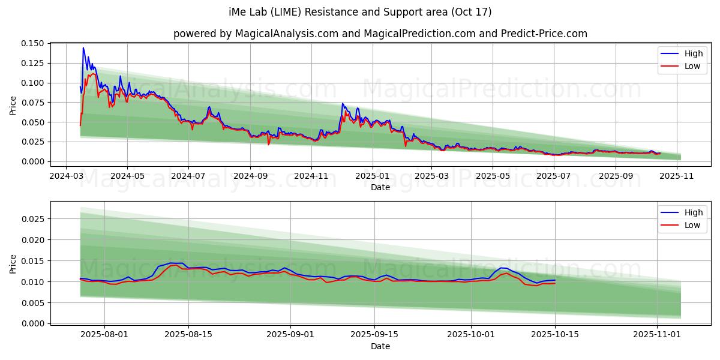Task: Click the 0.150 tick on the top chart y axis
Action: tap(34, 44)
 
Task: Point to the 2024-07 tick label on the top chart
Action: tap(188, 176)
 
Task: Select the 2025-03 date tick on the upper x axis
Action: tap(431, 176)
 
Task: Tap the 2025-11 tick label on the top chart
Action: tap(675, 176)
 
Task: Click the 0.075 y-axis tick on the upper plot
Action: tap(34, 103)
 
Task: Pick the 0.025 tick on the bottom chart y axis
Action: tap(34, 219)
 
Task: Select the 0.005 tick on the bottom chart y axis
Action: tap(34, 302)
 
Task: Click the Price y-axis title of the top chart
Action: tap(13, 104)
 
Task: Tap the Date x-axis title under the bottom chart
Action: tap(380, 346)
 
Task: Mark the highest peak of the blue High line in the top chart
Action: tap(83, 48)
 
